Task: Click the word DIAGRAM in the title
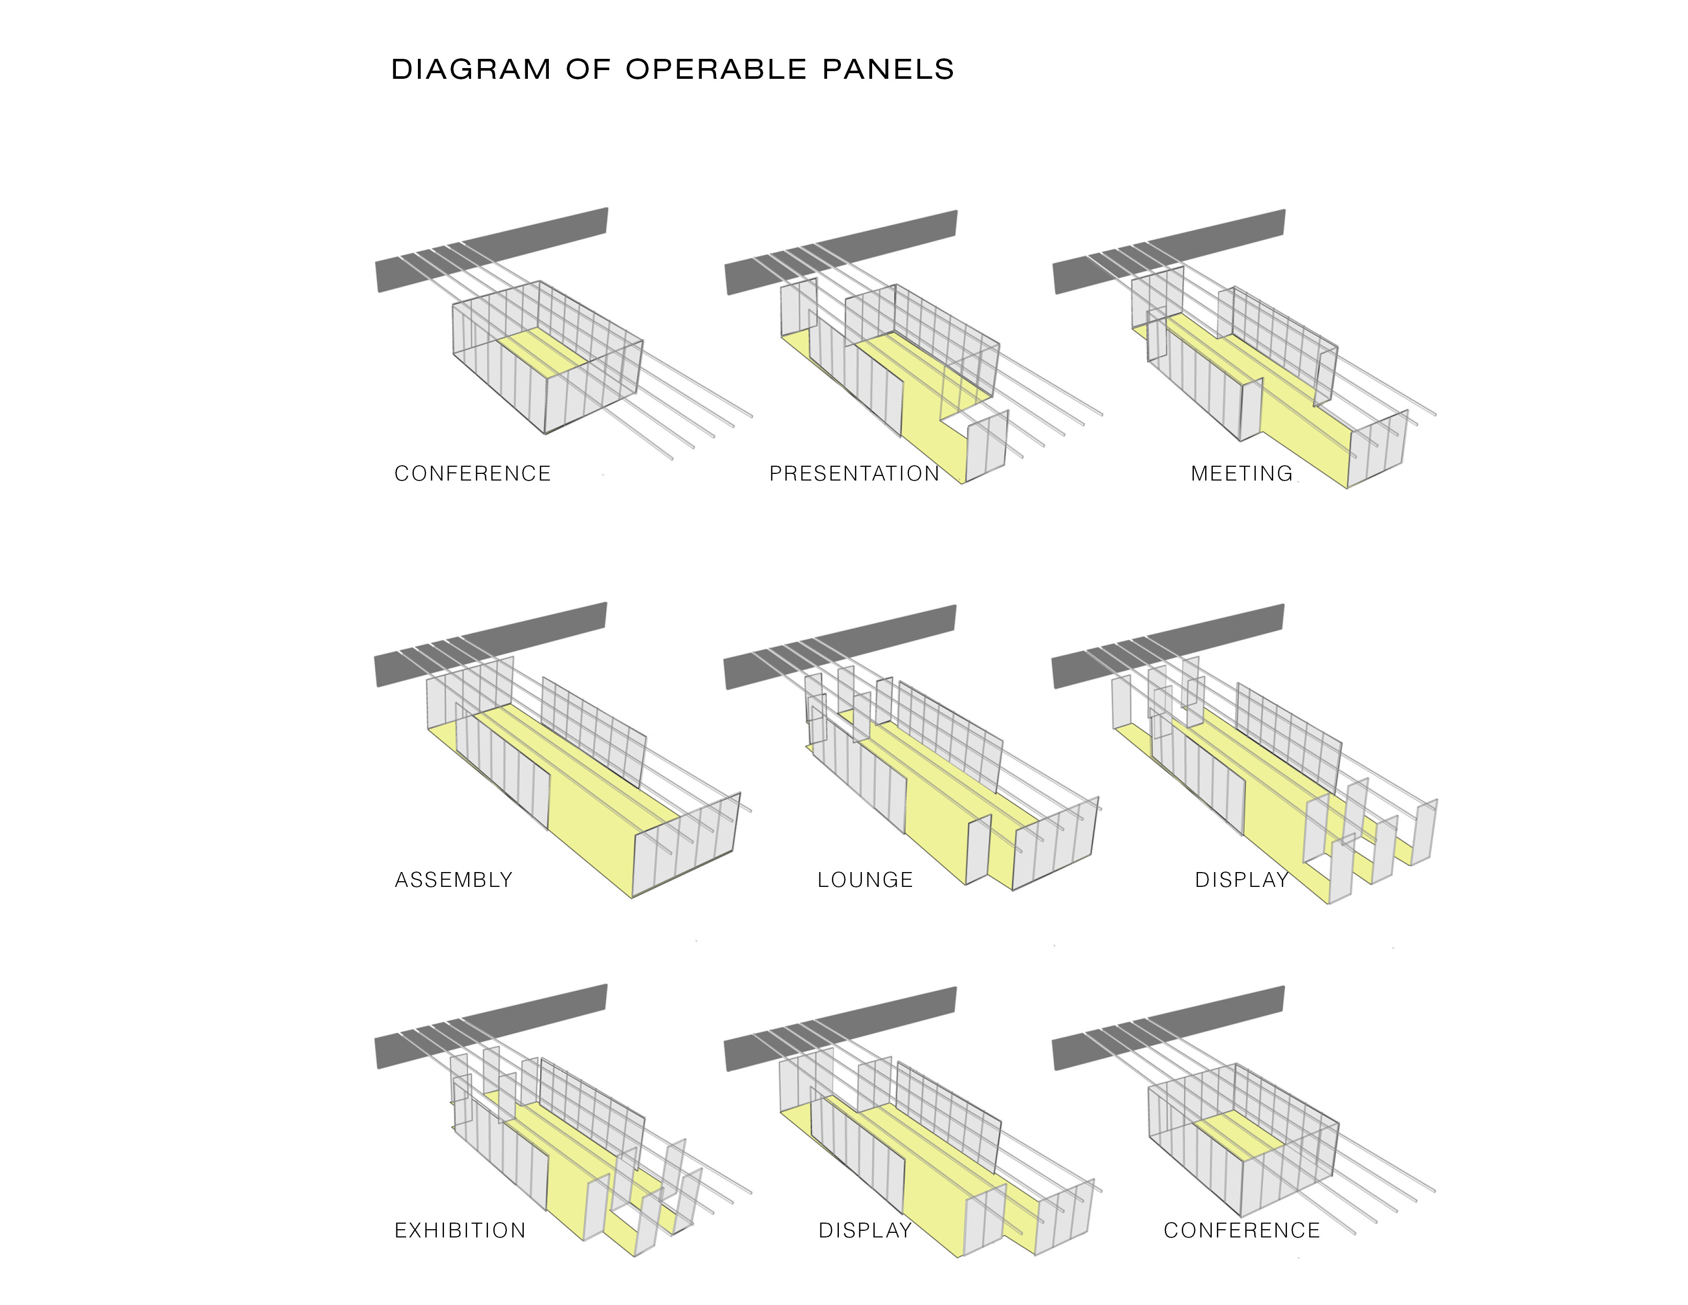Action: pyautogui.click(x=471, y=70)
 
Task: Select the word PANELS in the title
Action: pyautogui.click(x=887, y=70)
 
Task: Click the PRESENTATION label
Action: pyautogui.click(x=854, y=473)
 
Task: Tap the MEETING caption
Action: pyautogui.click(x=1241, y=473)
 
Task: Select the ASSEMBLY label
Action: pyautogui.click(x=454, y=880)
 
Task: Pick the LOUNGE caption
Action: pyautogui.click(x=865, y=880)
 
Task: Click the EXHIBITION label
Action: pyautogui.click(x=460, y=1230)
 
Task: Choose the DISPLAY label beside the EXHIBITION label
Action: pyautogui.click(x=865, y=1230)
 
